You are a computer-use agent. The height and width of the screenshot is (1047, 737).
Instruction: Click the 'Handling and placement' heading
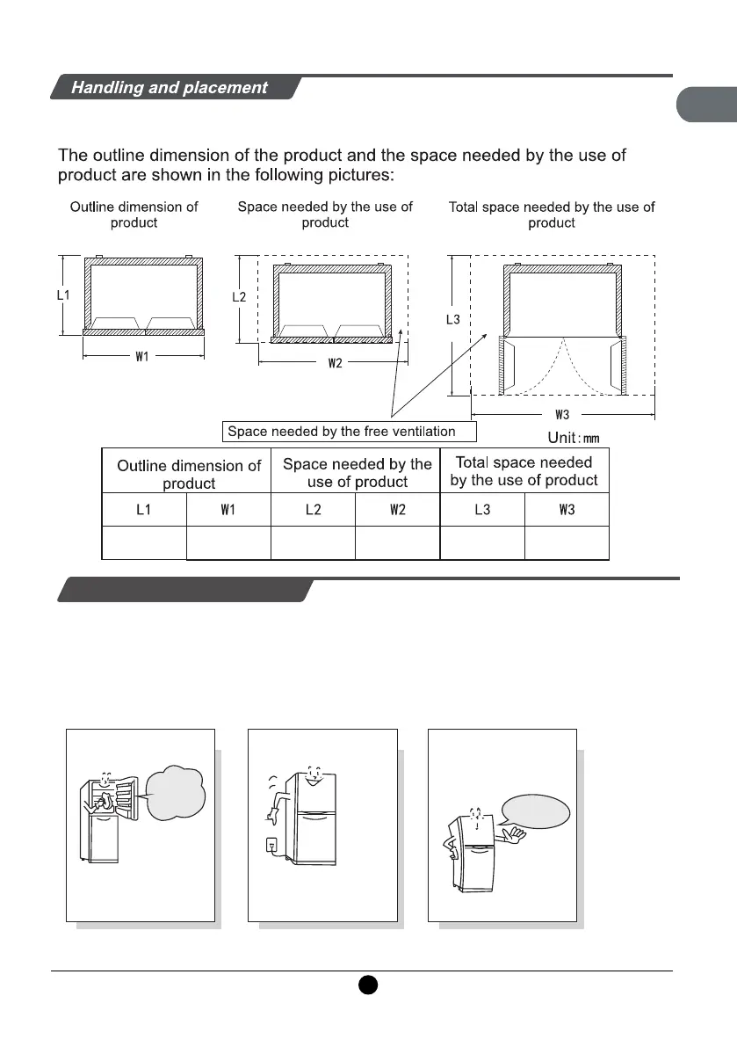point(169,88)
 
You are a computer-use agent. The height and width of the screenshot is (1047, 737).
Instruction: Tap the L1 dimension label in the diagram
point(63,296)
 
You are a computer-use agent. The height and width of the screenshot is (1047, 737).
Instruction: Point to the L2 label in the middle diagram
point(239,298)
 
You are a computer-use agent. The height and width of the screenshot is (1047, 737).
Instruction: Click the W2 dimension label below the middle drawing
point(335,365)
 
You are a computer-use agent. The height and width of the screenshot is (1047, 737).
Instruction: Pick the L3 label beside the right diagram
point(452,320)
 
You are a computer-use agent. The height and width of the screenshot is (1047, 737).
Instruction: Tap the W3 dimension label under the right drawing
point(562,414)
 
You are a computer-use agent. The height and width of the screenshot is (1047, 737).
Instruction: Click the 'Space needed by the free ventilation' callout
point(348,432)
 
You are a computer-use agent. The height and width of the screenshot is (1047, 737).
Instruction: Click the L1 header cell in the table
point(145,509)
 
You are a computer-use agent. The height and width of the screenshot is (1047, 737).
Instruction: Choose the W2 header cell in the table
point(397,509)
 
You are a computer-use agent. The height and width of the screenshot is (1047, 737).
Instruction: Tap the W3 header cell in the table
point(567,509)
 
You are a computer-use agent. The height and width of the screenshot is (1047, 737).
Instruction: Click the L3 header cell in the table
point(482,509)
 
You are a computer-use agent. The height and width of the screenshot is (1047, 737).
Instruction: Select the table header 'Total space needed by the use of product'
point(524,471)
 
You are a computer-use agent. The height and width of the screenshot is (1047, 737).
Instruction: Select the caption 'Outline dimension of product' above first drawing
point(134,214)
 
